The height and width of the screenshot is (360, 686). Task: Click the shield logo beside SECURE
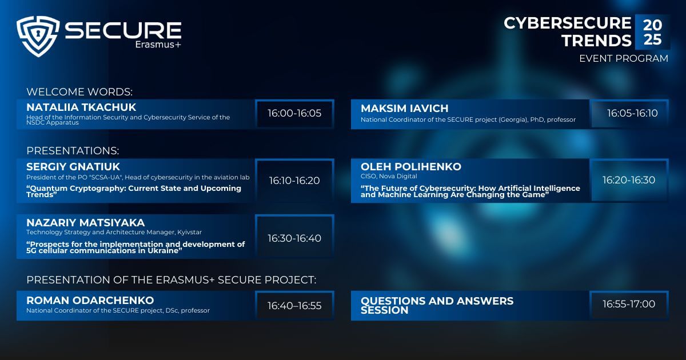coord(38,36)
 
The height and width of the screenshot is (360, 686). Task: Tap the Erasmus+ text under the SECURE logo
coord(158,45)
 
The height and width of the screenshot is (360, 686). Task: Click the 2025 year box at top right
coord(652,32)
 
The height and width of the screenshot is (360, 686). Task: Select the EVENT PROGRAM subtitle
coord(624,58)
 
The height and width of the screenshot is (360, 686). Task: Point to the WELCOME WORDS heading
coord(79,92)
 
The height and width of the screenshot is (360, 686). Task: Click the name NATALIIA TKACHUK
coord(81,107)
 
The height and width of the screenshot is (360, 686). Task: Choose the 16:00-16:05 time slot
coord(294,113)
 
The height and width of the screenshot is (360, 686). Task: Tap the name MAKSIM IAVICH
coord(405,109)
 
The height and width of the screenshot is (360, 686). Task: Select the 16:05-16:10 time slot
coord(632,113)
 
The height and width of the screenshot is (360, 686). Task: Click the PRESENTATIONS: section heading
coord(73,151)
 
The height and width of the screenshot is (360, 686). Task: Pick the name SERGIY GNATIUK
coord(73,167)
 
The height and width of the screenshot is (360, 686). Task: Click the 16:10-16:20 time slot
coord(294,181)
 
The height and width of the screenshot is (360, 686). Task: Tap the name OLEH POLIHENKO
coord(411,167)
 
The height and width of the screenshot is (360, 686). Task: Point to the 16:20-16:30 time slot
coord(629,180)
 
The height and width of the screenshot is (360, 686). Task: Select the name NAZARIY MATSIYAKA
coord(85,222)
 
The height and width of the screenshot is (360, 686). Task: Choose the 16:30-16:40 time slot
coord(294,238)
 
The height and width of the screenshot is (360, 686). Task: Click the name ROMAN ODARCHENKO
coord(90,301)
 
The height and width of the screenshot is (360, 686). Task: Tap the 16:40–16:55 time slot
coord(294,306)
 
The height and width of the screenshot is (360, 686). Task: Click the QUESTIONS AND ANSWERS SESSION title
coord(437,306)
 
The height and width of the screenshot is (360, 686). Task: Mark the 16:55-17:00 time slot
coord(629,304)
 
